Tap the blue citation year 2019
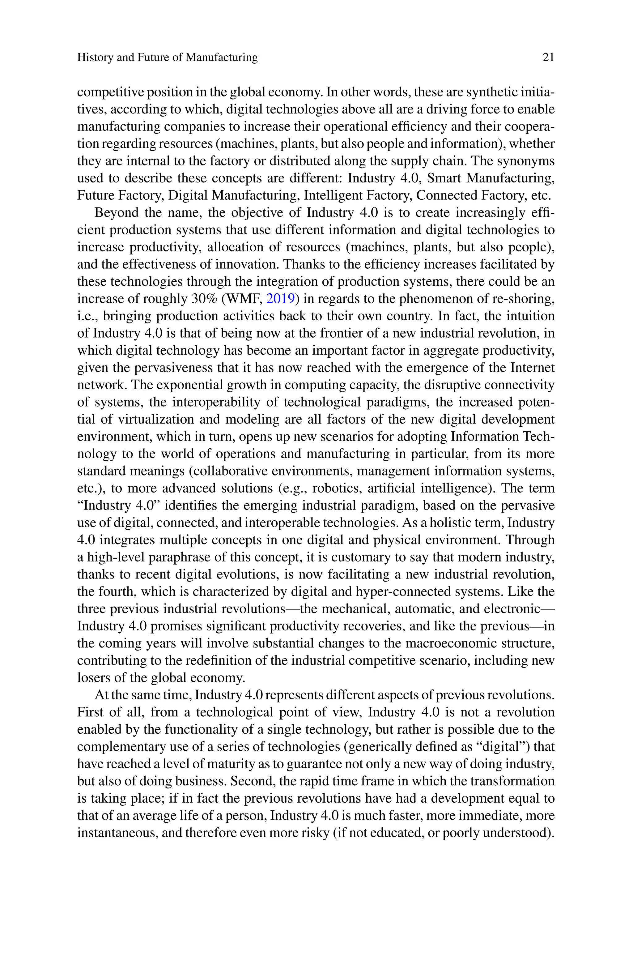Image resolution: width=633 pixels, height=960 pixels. [x=281, y=299]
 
